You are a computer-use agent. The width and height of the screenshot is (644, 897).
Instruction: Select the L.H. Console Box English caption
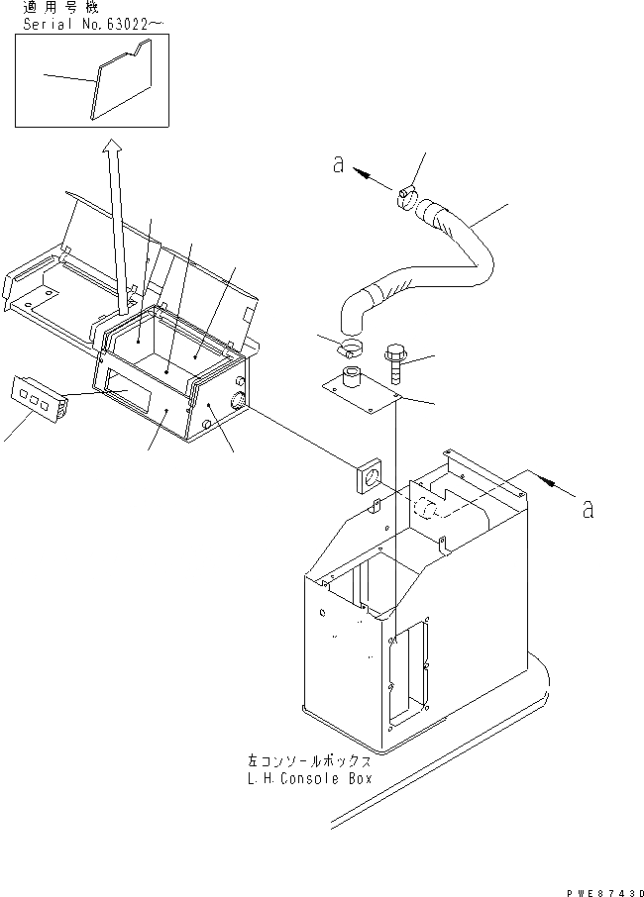coord(310,779)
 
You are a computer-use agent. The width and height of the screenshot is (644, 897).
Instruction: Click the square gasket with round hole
coord(370,476)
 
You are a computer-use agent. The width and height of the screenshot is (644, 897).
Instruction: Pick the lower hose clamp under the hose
coord(351,347)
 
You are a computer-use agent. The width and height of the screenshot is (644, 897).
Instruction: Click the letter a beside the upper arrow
coord(339,167)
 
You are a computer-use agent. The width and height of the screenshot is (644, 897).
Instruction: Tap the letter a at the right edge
coord(589,510)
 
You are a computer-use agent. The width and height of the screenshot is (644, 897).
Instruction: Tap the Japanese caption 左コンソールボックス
coord(310,762)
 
